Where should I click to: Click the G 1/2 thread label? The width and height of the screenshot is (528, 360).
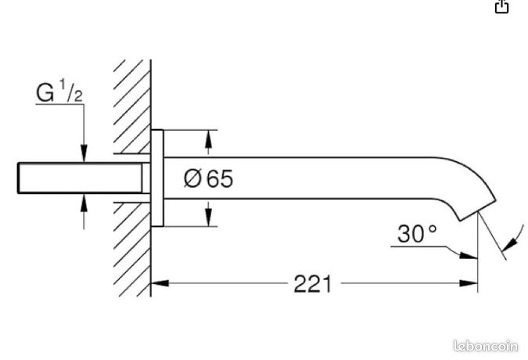pyautogui.click(x=59, y=92)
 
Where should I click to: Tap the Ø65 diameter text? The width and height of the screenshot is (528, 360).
pyautogui.click(x=208, y=178)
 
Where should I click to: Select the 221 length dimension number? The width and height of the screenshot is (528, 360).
pyautogui.click(x=313, y=284)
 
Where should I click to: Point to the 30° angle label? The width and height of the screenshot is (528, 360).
pyautogui.click(x=417, y=234)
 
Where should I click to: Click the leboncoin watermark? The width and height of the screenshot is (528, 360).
pyautogui.click(x=486, y=346)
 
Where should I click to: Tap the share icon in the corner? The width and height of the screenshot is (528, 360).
pyautogui.click(x=501, y=6)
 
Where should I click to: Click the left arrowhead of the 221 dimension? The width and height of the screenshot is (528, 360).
pyautogui.click(x=160, y=283)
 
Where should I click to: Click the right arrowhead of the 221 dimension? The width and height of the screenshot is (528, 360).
pyautogui.click(x=469, y=283)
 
